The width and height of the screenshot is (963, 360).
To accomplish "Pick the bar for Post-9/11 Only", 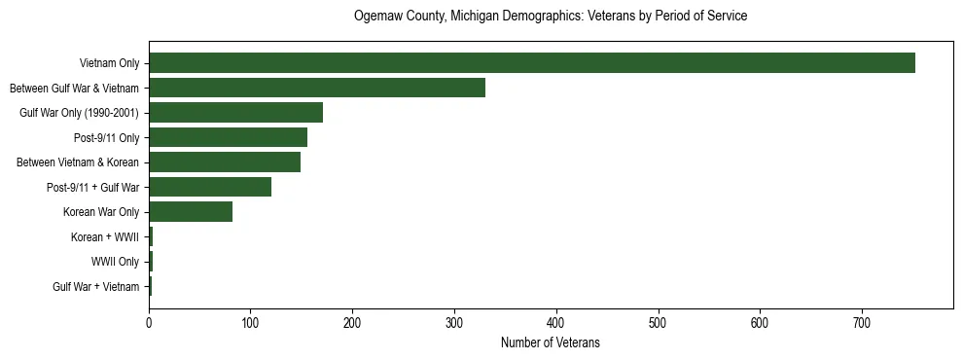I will [228, 137].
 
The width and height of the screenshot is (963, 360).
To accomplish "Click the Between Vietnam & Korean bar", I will [225, 162].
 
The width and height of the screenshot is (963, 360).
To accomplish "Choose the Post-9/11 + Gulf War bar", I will [210, 187].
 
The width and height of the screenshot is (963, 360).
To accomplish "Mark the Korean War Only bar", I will [191, 212].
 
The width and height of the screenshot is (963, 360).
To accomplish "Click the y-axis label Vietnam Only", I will [109, 63].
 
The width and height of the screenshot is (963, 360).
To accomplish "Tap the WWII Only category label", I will [115, 262].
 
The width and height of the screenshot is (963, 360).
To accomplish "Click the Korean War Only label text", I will [101, 212].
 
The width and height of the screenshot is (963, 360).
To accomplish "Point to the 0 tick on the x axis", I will [149, 320].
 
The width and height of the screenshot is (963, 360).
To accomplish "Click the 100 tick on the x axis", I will [251, 320].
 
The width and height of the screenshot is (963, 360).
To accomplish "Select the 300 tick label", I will [454, 320].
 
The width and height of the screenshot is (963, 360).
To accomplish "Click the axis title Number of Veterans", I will [551, 342].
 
